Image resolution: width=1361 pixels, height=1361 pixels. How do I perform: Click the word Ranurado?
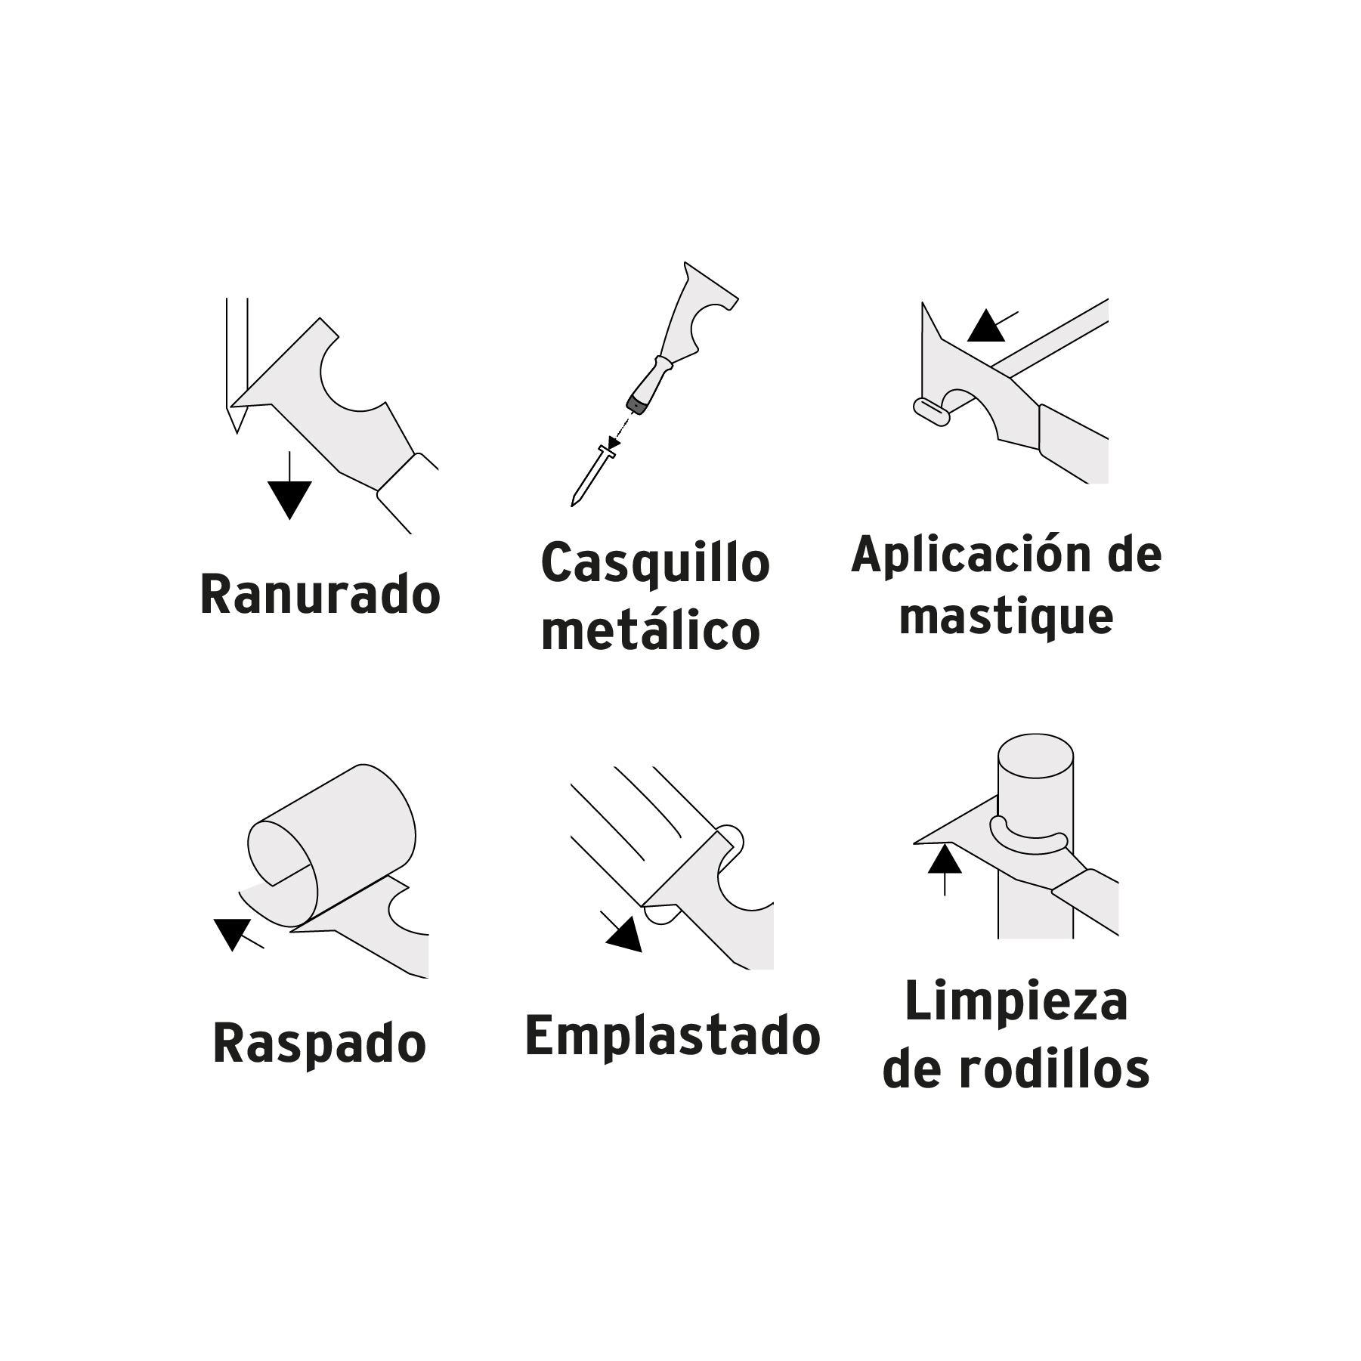click(320, 595)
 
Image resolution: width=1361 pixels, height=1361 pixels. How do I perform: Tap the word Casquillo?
click(655, 564)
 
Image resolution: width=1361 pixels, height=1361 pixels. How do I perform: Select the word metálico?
click(651, 630)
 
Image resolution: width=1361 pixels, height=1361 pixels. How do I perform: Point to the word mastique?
click(1006, 617)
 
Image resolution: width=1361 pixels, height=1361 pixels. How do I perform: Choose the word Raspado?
click(320, 1044)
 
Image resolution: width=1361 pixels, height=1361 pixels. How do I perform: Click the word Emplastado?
click(673, 1036)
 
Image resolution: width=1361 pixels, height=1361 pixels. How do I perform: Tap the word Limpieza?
click(1016, 1002)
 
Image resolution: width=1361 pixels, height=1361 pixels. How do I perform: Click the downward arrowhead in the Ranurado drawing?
click(289, 498)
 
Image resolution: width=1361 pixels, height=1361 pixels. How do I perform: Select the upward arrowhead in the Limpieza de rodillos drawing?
click(944, 860)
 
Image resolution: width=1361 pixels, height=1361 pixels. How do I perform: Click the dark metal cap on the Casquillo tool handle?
click(639, 404)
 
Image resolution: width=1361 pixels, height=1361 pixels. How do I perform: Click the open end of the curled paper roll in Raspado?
click(279, 852)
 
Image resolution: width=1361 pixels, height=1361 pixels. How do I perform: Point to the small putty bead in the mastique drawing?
click(932, 412)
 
